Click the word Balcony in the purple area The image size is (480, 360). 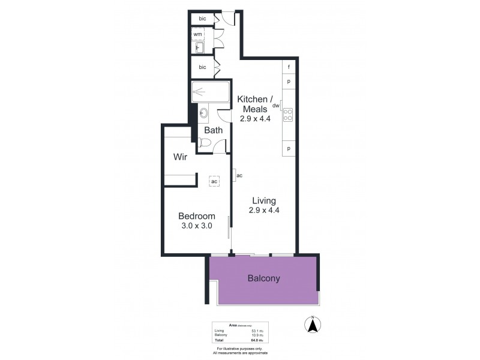click(264, 278)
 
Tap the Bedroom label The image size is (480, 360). click(196, 216)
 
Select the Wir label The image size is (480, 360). click(181, 157)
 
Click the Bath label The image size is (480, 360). click(213, 130)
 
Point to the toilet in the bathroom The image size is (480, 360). click(204, 143)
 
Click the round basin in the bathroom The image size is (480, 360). click(203, 112)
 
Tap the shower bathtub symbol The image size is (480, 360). click(211, 93)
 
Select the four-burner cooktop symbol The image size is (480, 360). click(287, 114)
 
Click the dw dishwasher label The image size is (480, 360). click(276, 106)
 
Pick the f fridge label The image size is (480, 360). click(289, 67)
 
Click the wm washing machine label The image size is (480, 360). click(197, 34)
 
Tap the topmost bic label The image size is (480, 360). click(203, 19)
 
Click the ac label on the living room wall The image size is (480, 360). click(239, 175)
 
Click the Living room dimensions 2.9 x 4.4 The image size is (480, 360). click(264, 210)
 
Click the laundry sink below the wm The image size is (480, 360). click(199, 48)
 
